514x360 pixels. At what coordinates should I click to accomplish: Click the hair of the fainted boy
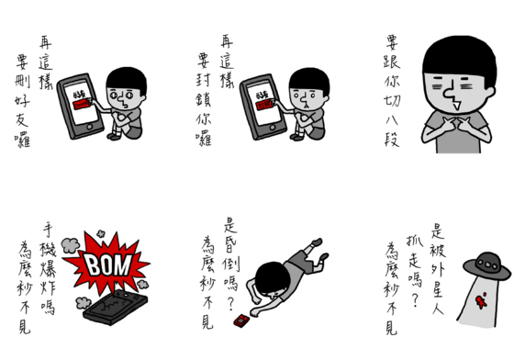point(265,276)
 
